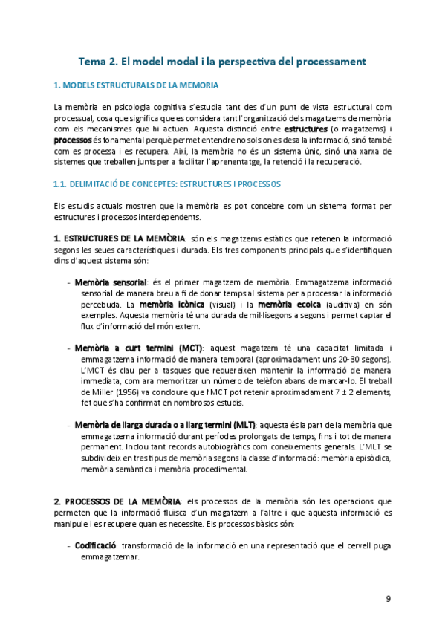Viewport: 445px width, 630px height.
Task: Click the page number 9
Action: (389, 599)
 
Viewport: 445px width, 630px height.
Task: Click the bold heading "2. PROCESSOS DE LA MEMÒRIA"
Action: (117, 501)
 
